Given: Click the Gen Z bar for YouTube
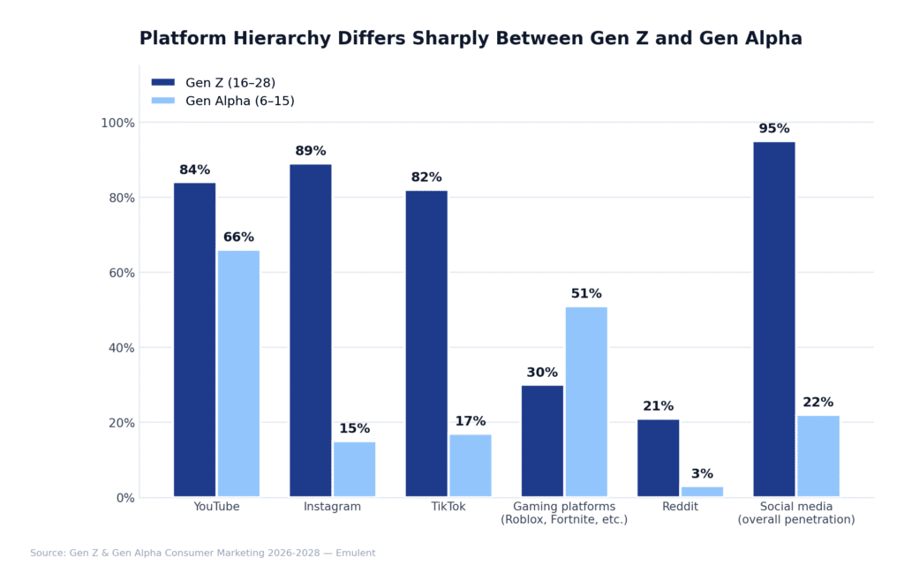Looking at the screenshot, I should click(x=194, y=340).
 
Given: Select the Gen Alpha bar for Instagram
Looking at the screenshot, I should click(x=354, y=469).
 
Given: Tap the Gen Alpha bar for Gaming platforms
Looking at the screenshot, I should click(x=586, y=402).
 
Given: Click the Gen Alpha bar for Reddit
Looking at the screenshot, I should click(x=702, y=492).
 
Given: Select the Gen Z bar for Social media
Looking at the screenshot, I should click(x=773, y=319).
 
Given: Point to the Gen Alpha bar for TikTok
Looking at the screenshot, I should click(x=470, y=465).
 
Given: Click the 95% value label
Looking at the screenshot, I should click(x=773, y=129).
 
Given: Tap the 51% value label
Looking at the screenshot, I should click(x=586, y=294).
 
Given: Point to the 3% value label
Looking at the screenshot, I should click(x=702, y=474).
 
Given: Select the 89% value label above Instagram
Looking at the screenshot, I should click(x=310, y=151).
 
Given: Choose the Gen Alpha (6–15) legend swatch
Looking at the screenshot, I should click(x=163, y=101).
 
